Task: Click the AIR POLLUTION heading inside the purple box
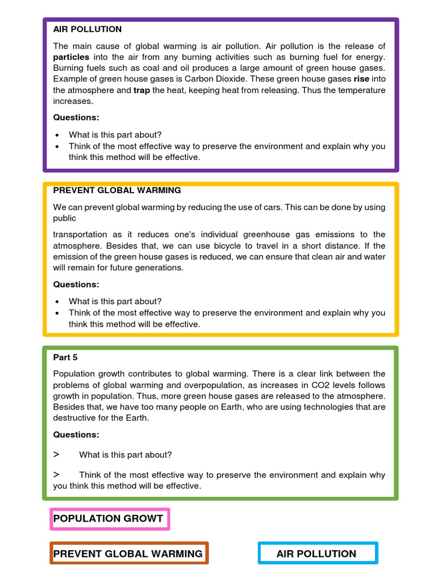[x=87, y=29]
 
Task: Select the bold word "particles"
[x=71, y=57]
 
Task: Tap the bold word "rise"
[x=361, y=79]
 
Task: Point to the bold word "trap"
[x=143, y=90]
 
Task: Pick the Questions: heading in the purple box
[x=76, y=118]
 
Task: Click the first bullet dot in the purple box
[x=58, y=135]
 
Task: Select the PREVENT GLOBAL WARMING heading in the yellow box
[x=117, y=190]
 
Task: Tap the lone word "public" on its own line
[x=65, y=218]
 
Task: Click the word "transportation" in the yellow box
[x=80, y=234]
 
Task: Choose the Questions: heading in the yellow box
[x=76, y=285]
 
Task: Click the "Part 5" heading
[x=65, y=358]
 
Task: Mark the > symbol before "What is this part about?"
[x=56, y=454]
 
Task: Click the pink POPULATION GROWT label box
[x=109, y=519]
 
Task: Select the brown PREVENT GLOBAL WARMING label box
[x=129, y=554]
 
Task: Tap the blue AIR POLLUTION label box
[x=317, y=554]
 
